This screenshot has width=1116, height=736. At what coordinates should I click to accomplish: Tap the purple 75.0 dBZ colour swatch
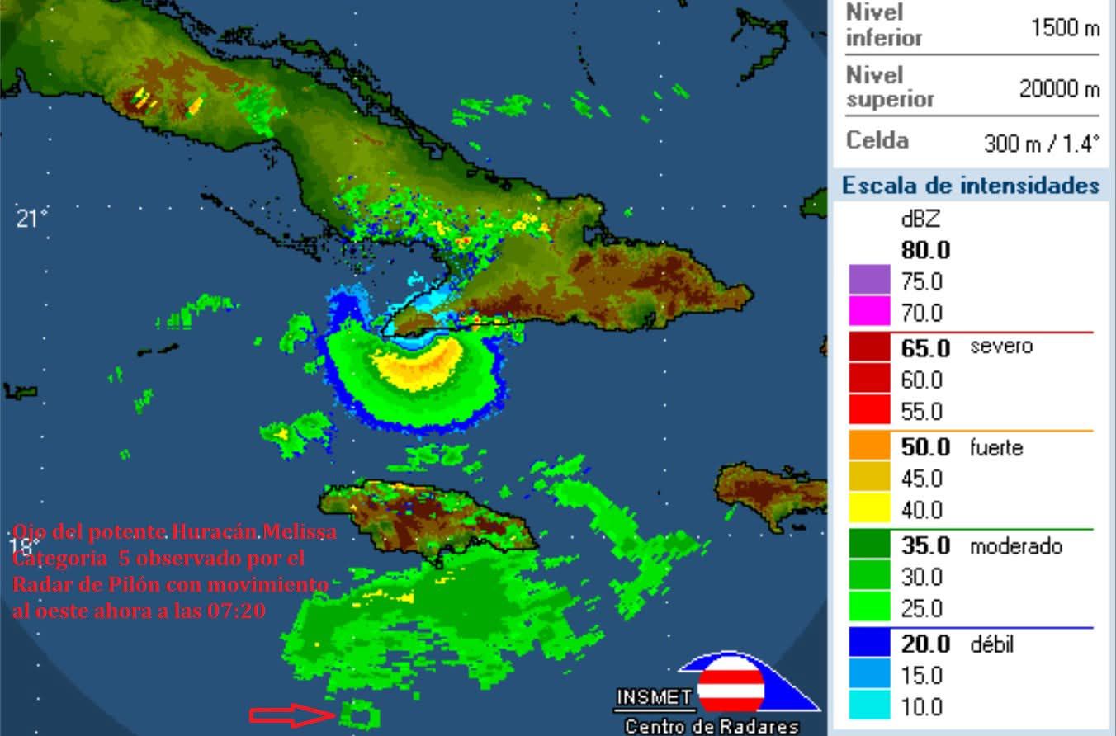click(869, 281)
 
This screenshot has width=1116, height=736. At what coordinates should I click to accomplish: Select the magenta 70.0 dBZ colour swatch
click(869, 312)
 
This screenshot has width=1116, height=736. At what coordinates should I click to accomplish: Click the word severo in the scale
click(1001, 346)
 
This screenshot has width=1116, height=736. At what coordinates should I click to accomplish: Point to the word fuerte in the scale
click(996, 448)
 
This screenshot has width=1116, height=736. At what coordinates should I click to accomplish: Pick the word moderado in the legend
click(1015, 546)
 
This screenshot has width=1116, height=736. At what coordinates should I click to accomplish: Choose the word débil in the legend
click(991, 644)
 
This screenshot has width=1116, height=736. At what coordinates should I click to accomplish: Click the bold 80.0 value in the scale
click(925, 250)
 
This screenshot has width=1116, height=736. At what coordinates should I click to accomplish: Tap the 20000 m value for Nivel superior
click(1059, 89)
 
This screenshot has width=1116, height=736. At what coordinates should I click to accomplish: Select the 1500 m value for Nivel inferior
click(1065, 28)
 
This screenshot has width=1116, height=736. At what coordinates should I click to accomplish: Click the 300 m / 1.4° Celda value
click(1042, 144)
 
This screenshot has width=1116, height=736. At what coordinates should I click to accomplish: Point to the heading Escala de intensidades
click(970, 186)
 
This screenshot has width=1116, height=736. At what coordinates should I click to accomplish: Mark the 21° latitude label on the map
click(32, 219)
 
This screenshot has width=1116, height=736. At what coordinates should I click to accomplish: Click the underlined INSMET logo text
click(654, 698)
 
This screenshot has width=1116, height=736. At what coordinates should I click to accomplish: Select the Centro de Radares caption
click(712, 727)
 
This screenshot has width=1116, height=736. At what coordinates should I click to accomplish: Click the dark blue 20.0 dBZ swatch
click(869, 644)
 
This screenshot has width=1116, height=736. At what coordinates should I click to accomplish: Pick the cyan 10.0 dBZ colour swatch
click(869, 707)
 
